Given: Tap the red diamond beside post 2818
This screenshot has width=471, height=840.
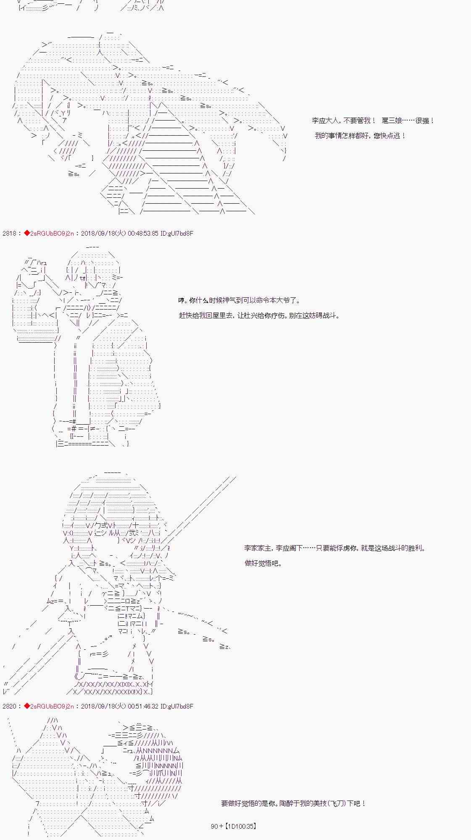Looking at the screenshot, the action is click(27, 233).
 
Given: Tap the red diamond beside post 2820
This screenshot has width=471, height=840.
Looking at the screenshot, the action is click(27, 706).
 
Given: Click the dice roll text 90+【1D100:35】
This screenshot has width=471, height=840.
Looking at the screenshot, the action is click(233, 826).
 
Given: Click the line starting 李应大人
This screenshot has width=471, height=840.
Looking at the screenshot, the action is click(373, 121).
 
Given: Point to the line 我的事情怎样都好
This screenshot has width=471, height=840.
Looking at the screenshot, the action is click(360, 136).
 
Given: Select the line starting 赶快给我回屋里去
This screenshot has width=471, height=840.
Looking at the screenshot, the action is click(259, 315).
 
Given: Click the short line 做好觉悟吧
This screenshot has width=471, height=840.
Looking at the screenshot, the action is click(263, 563).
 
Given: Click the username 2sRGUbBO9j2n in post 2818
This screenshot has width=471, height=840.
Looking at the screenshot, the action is click(52, 233).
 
